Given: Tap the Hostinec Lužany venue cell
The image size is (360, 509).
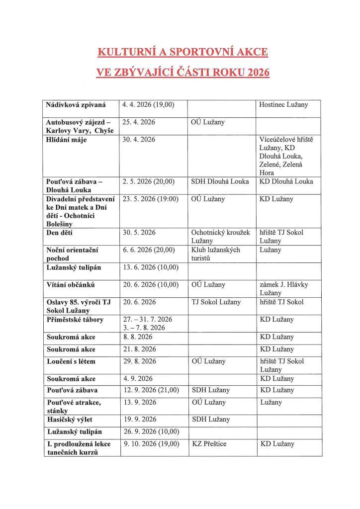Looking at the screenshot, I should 283,105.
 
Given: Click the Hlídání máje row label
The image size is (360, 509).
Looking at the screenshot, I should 66,140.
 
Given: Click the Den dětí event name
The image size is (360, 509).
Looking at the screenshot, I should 61,233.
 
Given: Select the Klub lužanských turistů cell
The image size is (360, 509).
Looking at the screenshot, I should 216,254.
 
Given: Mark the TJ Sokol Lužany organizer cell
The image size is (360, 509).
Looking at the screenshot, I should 216,302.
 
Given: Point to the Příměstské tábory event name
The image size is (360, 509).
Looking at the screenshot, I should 75,320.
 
